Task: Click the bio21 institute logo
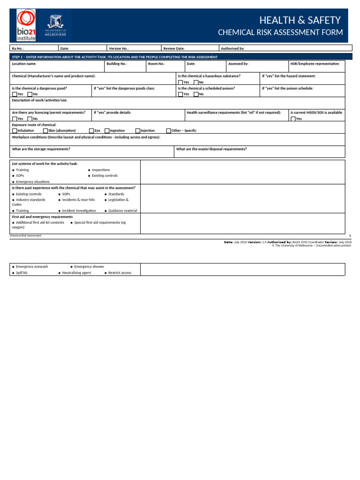click(x=26, y=25)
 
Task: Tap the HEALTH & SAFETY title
click(x=300, y=20)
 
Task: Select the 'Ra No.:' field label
click(x=18, y=48)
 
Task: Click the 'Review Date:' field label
click(x=174, y=48)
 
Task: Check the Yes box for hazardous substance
click(x=180, y=82)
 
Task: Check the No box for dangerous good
click(x=30, y=94)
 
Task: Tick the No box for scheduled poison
click(x=196, y=94)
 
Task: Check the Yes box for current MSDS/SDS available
click(x=293, y=119)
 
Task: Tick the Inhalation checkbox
click(x=15, y=131)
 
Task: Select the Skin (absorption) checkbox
click(x=45, y=131)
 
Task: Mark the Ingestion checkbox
click(x=107, y=131)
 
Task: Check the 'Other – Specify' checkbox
click(x=169, y=131)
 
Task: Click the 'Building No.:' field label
click(x=117, y=63)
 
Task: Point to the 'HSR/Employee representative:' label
click(x=315, y=63)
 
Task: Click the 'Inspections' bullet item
click(x=101, y=170)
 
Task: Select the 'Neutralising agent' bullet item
click(x=76, y=272)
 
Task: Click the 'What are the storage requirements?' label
click(x=41, y=149)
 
